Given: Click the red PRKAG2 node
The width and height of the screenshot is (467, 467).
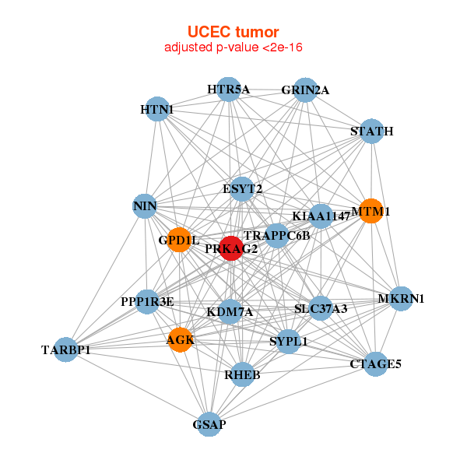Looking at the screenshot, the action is click(x=231, y=248).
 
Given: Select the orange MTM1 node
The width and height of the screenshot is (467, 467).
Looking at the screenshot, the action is click(x=370, y=211).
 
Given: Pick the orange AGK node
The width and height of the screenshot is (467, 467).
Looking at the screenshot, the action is click(x=180, y=340).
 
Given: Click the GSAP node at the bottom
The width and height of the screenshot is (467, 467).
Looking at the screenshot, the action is click(x=208, y=424).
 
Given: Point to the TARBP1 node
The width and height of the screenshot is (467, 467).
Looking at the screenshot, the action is click(x=65, y=350).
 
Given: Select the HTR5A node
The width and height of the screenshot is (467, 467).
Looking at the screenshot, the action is click(x=228, y=90).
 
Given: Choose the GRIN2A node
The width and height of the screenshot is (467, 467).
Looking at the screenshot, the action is click(x=305, y=90).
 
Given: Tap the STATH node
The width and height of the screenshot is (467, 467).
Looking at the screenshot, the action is click(x=371, y=131).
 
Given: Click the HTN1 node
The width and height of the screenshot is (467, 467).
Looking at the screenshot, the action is click(x=156, y=110).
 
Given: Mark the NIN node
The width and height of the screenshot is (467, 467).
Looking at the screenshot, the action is click(x=145, y=206).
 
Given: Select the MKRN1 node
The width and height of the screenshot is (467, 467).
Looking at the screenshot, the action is click(x=401, y=299).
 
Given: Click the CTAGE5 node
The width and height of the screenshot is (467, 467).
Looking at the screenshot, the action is click(x=376, y=363).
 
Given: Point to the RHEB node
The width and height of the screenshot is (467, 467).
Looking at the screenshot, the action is click(x=242, y=375).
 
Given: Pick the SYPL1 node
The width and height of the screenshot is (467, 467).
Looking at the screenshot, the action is click(x=289, y=341).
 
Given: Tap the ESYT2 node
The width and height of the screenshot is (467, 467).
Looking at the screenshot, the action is click(x=242, y=188).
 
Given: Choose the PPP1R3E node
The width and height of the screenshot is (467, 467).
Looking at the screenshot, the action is click(x=147, y=301).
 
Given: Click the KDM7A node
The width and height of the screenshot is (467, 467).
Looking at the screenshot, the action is click(x=230, y=311).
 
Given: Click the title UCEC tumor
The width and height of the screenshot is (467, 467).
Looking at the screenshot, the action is click(x=233, y=32).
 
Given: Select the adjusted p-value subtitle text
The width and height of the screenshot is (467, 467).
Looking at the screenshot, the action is click(x=233, y=47).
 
